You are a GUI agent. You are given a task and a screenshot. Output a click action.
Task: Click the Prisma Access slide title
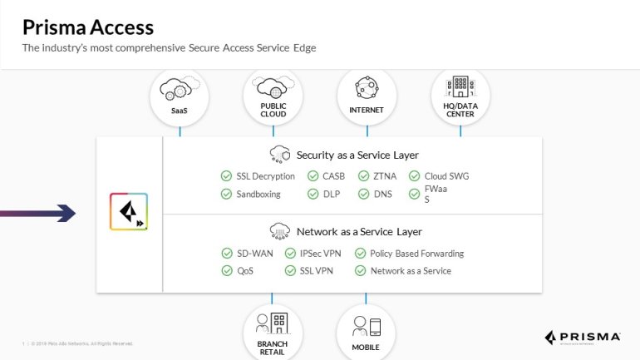pyautogui.click(x=88, y=27)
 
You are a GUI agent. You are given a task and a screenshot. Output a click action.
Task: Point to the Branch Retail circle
pyautogui.click(x=273, y=331)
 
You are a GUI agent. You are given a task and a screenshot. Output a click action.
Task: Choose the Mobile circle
pyautogui.click(x=366, y=331)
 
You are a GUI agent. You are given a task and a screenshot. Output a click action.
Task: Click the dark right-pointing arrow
pyautogui.click(x=38, y=214)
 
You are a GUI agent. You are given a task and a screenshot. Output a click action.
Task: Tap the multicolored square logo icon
pyautogui.click(x=129, y=211)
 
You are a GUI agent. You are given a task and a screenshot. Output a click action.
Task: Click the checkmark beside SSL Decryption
pyautogui.click(x=226, y=176)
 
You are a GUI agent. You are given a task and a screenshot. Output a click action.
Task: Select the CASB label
pyautogui.click(x=335, y=176)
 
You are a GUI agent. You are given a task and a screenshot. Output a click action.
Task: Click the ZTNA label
pyautogui.click(x=385, y=176)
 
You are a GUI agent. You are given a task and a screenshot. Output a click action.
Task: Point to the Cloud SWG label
pyautogui.click(x=447, y=176)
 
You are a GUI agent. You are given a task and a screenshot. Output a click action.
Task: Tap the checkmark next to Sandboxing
pyautogui.click(x=226, y=194)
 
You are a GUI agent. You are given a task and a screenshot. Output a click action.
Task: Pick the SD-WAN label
pyautogui.click(x=255, y=253)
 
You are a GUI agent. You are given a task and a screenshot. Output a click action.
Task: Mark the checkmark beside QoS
pyautogui.click(x=226, y=270)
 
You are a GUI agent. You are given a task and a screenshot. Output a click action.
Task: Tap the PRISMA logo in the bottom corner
pyautogui.click(x=583, y=337)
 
